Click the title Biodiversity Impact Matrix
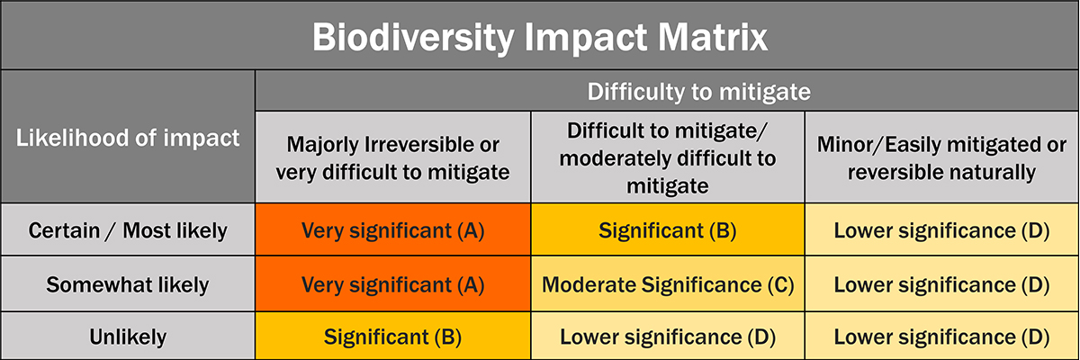pyautogui.click(x=539, y=38)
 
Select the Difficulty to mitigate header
pyautogui.click(x=698, y=92)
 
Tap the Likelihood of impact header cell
pyautogui.click(x=128, y=138)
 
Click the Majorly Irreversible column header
pyautogui.click(x=393, y=158)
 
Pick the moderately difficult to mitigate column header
pyautogui.click(x=668, y=158)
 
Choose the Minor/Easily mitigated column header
pyautogui.click(x=941, y=158)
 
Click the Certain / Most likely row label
pyautogui.click(x=128, y=230)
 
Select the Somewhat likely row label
pyautogui.click(x=128, y=284)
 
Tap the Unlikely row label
pyautogui.click(x=128, y=337)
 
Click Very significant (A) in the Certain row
pyautogui.click(x=393, y=230)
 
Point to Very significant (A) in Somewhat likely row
pyautogui.click(x=393, y=284)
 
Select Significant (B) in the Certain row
pyautogui.click(x=668, y=230)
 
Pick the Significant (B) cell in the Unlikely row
pyautogui.click(x=393, y=337)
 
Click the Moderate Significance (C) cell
pyautogui.click(x=668, y=284)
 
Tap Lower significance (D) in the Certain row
pyautogui.click(x=941, y=230)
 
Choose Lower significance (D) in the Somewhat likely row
pyautogui.click(x=941, y=284)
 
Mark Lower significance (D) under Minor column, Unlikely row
pyautogui.click(x=941, y=337)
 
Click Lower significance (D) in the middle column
pyautogui.click(x=668, y=337)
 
